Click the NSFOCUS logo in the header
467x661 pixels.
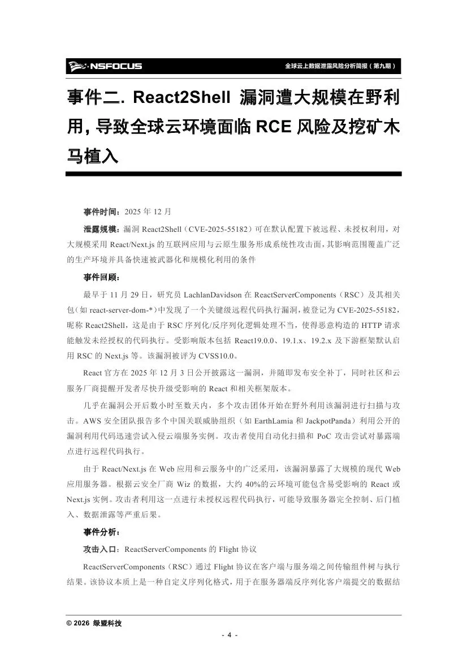point(105,66)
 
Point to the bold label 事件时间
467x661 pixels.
point(102,212)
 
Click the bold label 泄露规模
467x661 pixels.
point(102,228)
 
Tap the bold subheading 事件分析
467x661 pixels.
point(102,532)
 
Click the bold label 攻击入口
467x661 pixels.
point(102,548)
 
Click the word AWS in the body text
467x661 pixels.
point(92,421)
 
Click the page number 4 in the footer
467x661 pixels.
point(230,634)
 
